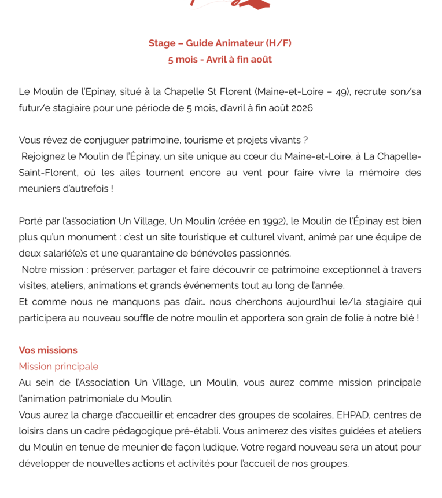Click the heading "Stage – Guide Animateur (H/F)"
220,43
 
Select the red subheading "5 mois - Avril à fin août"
220,60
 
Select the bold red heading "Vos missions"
48,350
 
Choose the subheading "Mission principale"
58,367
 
